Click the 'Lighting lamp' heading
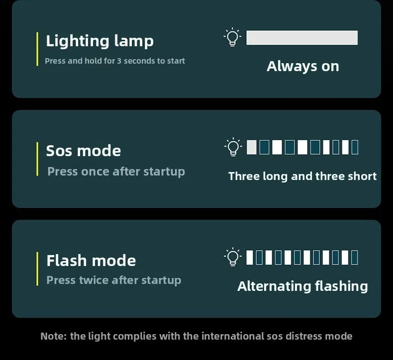(x=99, y=41)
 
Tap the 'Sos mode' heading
(x=84, y=151)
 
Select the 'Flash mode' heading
(x=91, y=260)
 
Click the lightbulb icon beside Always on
(x=232, y=37)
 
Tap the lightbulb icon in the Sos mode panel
(x=233, y=147)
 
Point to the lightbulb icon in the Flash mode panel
(x=233, y=257)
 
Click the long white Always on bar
(x=302, y=38)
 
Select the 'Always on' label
(x=303, y=67)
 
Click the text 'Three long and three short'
(x=302, y=176)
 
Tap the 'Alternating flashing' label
(x=302, y=286)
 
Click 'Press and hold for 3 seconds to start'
(x=115, y=61)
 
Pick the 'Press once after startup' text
(x=116, y=172)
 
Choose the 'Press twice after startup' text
(x=114, y=280)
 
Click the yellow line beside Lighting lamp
(x=37, y=49)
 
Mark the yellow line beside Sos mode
(x=37, y=159)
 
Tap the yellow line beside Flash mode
(x=37, y=269)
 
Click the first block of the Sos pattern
(x=252, y=147)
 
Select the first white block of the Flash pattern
(x=250, y=257)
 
